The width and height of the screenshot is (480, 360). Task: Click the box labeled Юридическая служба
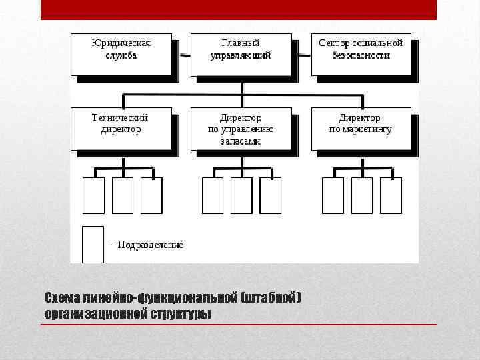pyautogui.click(x=121, y=54)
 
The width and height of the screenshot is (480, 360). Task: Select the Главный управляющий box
pyautogui.click(x=241, y=54)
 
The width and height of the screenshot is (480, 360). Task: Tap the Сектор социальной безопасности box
pyautogui.click(x=361, y=54)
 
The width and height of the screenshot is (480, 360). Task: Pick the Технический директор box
pyautogui.click(x=121, y=128)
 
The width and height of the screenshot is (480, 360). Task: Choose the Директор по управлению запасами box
pyautogui.click(x=241, y=128)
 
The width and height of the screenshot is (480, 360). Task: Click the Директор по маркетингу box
pyautogui.click(x=361, y=128)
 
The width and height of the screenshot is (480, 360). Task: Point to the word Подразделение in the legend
pyautogui.click(x=149, y=245)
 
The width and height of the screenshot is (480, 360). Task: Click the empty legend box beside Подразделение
pyautogui.click(x=93, y=245)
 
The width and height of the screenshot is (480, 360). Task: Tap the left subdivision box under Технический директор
pyautogui.click(x=93, y=195)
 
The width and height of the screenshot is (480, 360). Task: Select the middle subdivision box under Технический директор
pyautogui.click(x=123, y=195)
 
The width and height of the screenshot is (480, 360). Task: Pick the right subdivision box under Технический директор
pyautogui.click(x=151, y=195)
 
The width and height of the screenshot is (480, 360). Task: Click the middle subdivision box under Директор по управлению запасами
pyautogui.click(x=241, y=195)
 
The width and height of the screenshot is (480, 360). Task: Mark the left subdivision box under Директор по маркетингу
pyautogui.click(x=333, y=195)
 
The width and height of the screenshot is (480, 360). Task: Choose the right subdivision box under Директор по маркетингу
pyautogui.click(x=391, y=195)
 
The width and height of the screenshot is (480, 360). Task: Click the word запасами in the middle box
pyautogui.click(x=241, y=141)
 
